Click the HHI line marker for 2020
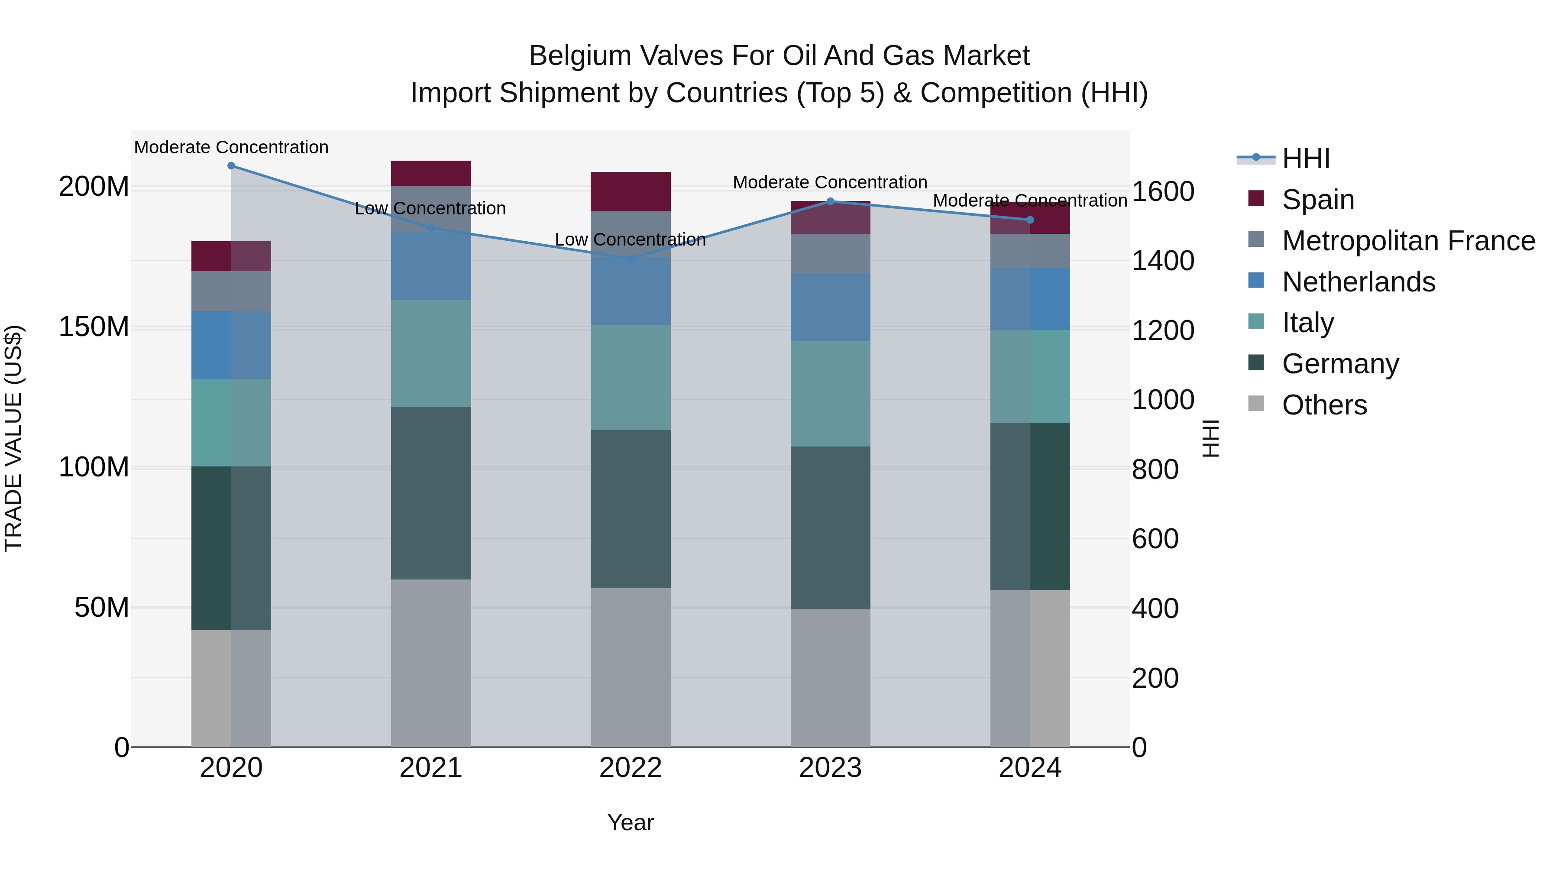231,166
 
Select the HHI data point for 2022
631,259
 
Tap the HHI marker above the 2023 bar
830,201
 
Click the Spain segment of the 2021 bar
431,173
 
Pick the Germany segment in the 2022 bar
631,509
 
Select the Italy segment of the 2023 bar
830,394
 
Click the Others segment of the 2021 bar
431,663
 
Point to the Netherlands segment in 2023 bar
830,307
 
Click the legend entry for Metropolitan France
1408,241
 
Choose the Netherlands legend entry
1358,282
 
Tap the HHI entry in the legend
1305,159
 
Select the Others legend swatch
1256,404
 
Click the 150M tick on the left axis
94,327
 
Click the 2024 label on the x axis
1030,768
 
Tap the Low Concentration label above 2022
630,239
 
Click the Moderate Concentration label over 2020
231,148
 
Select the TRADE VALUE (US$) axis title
13,438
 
